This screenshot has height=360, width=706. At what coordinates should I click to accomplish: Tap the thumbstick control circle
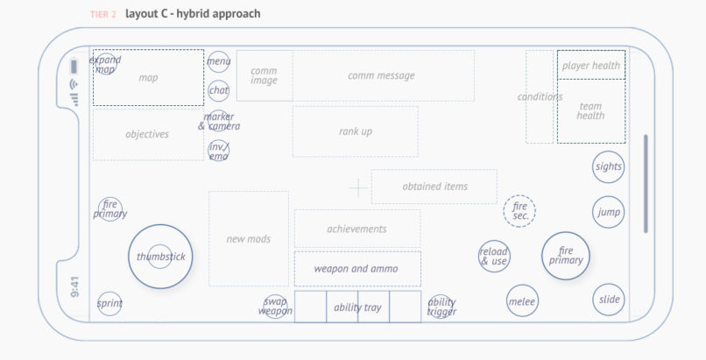(159, 257)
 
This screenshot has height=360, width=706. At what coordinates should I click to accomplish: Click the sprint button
(109, 304)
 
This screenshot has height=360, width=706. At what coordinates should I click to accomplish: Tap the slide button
(609, 300)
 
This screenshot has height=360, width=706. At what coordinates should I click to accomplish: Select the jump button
(609, 212)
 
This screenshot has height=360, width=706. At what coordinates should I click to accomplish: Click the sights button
(609, 166)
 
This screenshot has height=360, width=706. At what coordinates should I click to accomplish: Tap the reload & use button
(494, 256)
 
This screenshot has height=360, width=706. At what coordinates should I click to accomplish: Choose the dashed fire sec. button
(519, 211)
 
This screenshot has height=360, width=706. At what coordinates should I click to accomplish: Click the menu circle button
(218, 61)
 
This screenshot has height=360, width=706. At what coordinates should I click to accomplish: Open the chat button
(218, 89)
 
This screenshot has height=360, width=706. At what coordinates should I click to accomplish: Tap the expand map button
(106, 64)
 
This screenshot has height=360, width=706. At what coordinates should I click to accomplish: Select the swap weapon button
(275, 306)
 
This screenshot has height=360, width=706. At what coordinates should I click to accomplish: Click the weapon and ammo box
(357, 269)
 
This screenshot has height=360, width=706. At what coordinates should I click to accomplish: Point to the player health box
(591, 66)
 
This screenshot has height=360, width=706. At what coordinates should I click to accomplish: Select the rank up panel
(355, 131)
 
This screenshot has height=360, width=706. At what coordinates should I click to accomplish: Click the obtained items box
(434, 187)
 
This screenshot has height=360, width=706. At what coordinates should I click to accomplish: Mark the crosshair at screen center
(357, 187)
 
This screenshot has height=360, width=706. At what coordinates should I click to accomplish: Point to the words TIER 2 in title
(103, 15)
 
